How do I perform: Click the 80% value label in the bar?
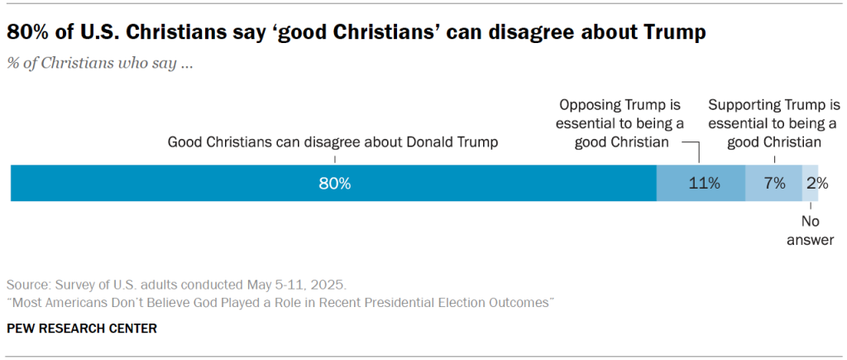(335, 184)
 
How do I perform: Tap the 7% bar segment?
(774, 184)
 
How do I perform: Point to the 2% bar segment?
(811, 184)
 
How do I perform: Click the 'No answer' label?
(811, 231)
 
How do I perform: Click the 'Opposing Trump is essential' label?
(620, 123)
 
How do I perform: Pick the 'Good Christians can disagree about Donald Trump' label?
(333, 142)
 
